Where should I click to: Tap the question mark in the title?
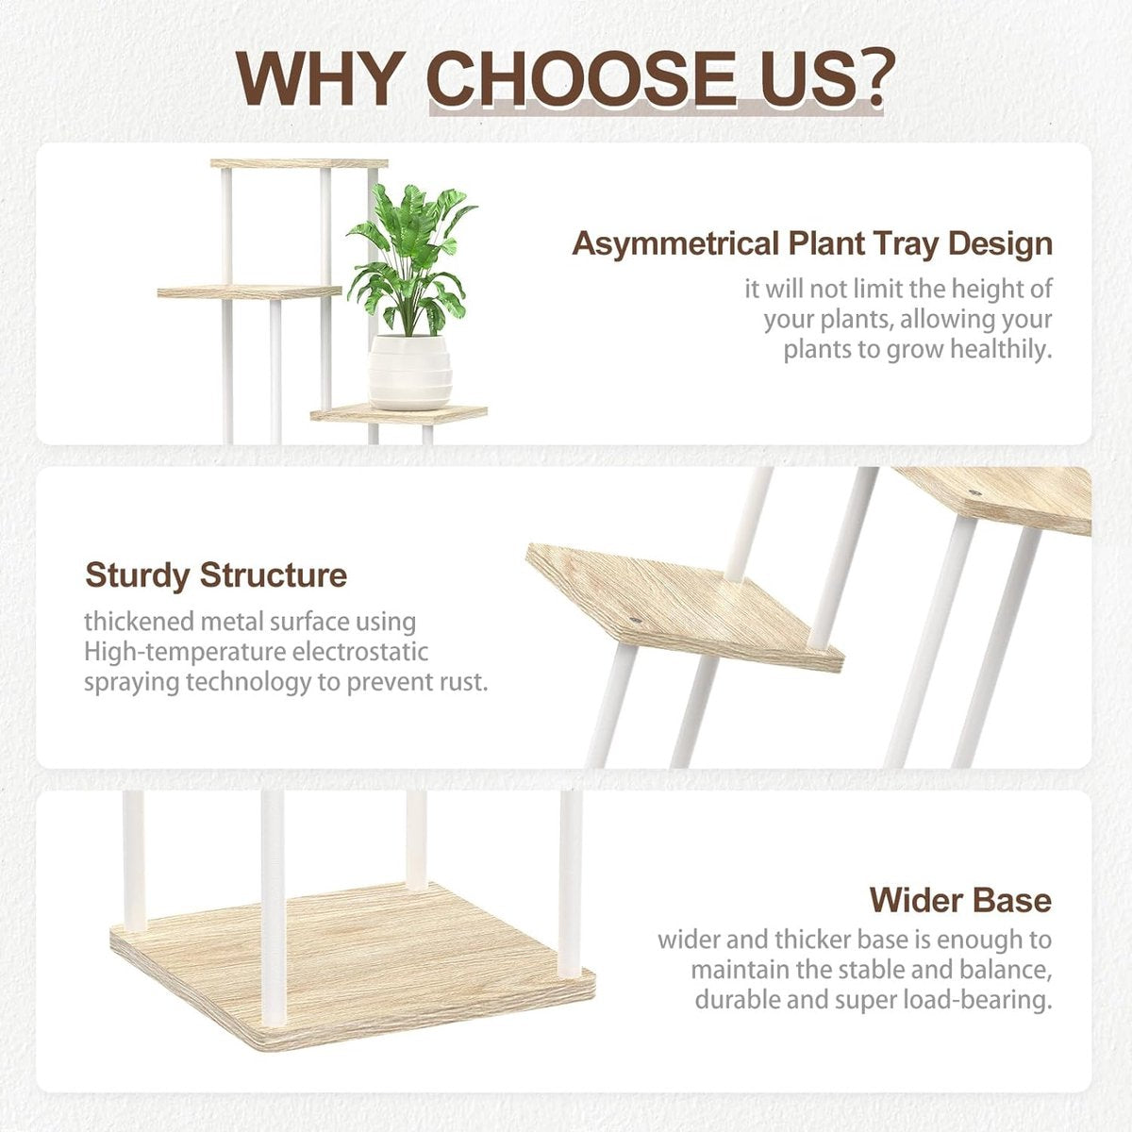[x=867, y=78]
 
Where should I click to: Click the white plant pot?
[x=409, y=373]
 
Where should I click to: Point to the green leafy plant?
[x=410, y=260]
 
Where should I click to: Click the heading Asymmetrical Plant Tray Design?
[x=812, y=244]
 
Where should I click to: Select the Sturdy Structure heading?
[x=216, y=575]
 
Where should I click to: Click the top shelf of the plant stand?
[x=299, y=163]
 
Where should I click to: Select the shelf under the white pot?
[x=399, y=414]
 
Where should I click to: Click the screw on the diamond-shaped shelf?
[x=635, y=620]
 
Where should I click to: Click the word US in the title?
[x=787, y=78]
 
